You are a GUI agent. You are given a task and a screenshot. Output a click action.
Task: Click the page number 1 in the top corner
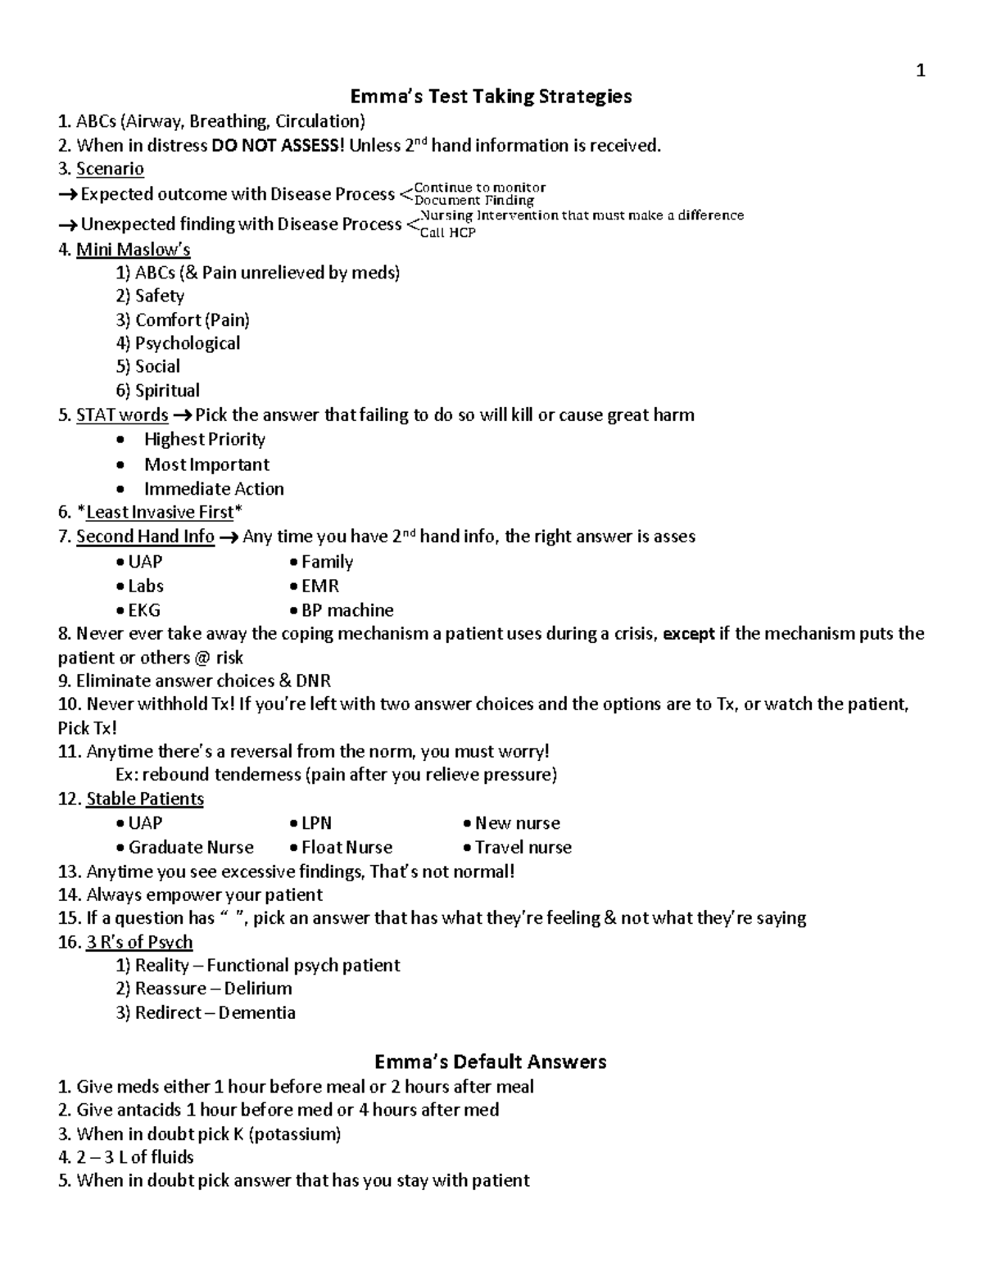(x=921, y=71)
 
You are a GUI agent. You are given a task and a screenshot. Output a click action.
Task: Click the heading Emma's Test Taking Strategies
(x=491, y=97)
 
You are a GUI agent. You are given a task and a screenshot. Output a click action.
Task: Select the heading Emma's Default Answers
(x=490, y=1062)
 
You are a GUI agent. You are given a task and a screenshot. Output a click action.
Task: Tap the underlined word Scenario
(x=110, y=170)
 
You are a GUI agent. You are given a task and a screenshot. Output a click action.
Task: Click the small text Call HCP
(x=447, y=233)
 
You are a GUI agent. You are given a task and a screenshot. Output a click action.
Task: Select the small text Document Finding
(x=474, y=200)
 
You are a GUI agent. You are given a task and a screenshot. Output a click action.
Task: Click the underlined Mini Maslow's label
(x=133, y=249)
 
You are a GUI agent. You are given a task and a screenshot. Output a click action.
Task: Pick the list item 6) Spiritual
(x=158, y=391)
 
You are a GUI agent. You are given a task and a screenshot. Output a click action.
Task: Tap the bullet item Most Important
(x=206, y=464)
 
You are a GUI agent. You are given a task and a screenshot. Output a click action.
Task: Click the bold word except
(x=688, y=634)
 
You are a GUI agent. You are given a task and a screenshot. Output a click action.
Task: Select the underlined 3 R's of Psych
(x=139, y=942)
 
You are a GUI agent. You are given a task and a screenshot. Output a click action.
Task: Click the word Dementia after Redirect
(x=256, y=1013)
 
